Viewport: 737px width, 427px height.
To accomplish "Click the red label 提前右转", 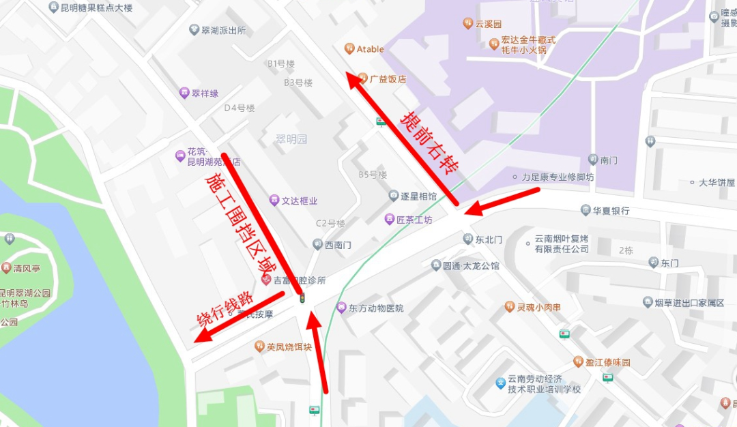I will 429,143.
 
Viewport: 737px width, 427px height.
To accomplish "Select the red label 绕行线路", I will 225,311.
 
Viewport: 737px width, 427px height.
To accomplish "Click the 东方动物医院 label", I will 375,308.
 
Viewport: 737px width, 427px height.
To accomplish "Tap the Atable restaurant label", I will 369,49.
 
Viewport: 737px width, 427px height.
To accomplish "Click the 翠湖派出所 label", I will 223,31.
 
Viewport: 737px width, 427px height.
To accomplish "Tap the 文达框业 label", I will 299,201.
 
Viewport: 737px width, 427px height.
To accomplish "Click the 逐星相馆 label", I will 418,196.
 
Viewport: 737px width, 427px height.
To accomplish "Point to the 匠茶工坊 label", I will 414,220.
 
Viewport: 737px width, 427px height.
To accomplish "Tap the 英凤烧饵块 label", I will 288,347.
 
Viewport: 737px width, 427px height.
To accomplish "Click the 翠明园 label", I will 291,139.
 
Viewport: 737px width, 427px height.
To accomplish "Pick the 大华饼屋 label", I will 716,183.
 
